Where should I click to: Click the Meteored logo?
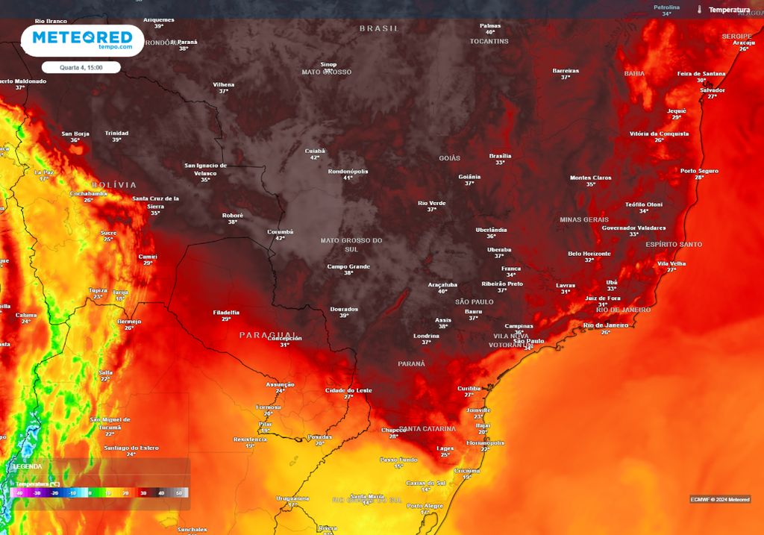tap(82, 40)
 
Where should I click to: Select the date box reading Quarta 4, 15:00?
tap(81, 67)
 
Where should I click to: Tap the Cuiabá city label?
tap(315, 151)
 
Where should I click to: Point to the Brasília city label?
tap(500, 155)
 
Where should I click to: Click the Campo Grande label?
tap(348, 266)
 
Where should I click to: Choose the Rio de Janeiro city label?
tap(605, 325)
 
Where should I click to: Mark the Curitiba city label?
tap(469, 388)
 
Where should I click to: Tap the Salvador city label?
tap(712, 90)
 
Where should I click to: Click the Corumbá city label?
tap(281, 231)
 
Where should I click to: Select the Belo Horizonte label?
tap(589, 253)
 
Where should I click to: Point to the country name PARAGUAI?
tap(268, 335)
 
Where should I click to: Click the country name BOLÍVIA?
tap(114, 184)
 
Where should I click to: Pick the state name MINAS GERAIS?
tap(584, 219)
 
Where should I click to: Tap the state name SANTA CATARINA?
tap(427, 429)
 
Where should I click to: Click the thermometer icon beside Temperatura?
tap(700, 10)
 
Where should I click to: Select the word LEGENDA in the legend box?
tap(28, 466)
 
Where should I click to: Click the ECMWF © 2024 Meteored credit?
tap(720, 499)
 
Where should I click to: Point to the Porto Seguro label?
tap(699, 170)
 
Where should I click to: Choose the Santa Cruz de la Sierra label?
tap(155, 201)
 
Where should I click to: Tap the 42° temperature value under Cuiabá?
tap(315, 157)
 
